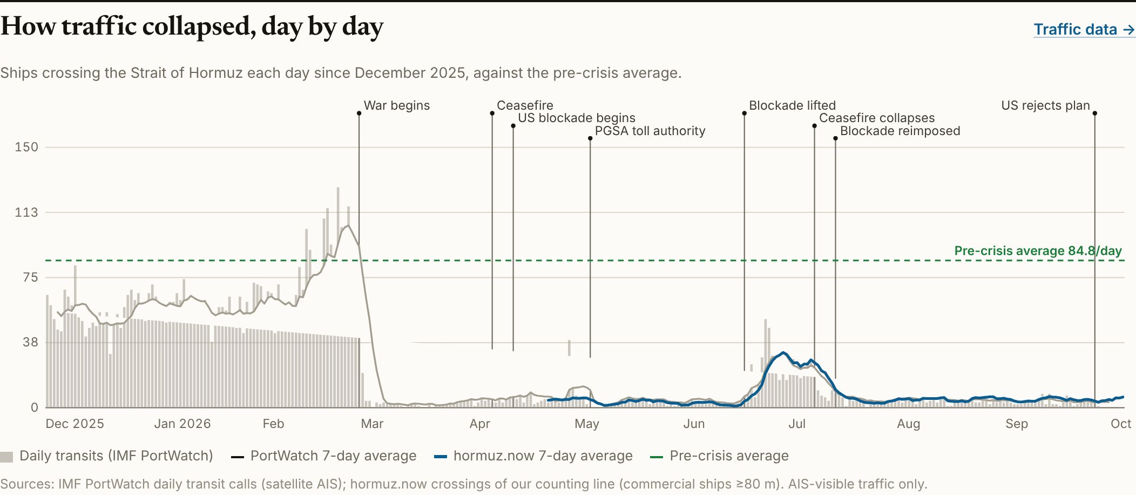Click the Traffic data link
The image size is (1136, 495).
tap(1084, 29)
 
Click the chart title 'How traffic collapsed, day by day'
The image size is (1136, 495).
tap(192, 26)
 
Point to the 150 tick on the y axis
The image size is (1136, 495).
tap(26, 147)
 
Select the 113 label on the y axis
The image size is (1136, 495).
tap(26, 212)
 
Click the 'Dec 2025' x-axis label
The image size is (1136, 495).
tap(75, 424)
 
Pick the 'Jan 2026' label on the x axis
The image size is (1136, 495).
tap(182, 424)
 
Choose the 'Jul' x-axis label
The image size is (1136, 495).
tap(797, 424)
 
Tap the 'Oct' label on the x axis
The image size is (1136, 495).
tap(1121, 424)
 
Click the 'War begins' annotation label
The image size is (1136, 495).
tap(397, 105)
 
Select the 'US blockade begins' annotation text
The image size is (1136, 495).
tap(577, 118)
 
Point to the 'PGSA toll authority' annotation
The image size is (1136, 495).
tap(650, 131)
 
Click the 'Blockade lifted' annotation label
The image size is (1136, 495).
tap(792, 105)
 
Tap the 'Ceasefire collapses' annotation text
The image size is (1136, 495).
tap(877, 118)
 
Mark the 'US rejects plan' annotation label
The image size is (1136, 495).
tap(1046, 105)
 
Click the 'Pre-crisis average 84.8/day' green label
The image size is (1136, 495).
tap(1038, 251)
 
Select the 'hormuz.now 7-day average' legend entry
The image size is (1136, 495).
tap(533, 456)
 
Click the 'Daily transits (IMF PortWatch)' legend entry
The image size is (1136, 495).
tap(107, 456)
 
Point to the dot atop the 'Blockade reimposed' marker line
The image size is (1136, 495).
tap(835, 138)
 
